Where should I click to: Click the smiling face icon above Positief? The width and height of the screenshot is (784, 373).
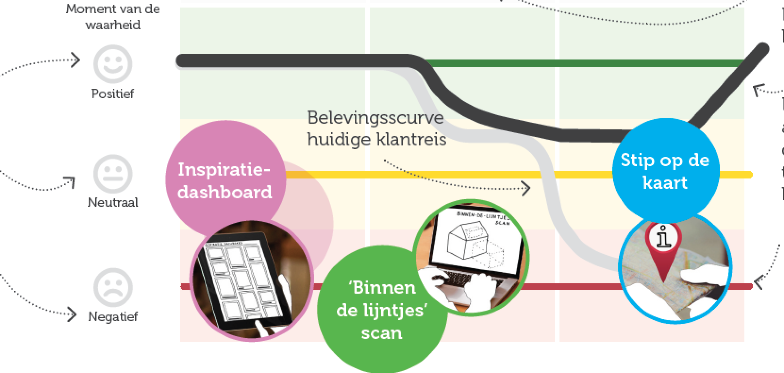[112, 64]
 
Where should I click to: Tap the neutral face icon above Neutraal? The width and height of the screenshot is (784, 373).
[112, 173]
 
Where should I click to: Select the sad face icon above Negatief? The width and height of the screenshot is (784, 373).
[112, 287]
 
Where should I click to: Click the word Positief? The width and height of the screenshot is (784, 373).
[112, 93]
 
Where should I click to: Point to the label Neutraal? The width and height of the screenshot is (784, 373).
[113, 203]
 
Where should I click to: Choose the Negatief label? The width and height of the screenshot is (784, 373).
[113, 316]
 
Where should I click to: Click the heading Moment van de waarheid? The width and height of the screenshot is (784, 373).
[113, 17]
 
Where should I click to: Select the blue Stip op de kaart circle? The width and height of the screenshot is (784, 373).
[665, 171]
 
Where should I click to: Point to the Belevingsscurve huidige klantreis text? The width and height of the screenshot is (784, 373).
[376, 128]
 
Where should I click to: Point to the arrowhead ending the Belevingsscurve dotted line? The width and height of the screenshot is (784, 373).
[527, 188]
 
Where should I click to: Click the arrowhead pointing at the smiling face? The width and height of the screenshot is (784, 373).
[77, 60]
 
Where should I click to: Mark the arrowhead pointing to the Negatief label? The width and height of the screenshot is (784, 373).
[72, 315]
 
